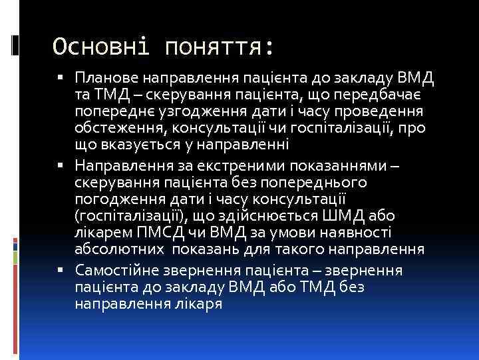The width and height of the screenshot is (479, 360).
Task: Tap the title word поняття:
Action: click(x=212, y=47)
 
